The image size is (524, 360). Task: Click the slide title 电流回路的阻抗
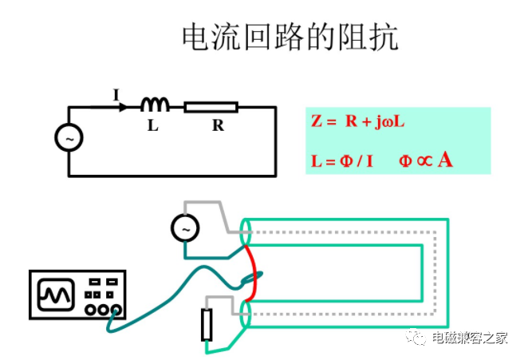point(290,37)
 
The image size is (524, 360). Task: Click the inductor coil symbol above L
point(155,104)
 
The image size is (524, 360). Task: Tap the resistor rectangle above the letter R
point(211,107)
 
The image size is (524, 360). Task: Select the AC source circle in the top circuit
point(69,137)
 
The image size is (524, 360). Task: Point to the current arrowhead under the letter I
point(124,108)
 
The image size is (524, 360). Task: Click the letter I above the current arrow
point(116,95)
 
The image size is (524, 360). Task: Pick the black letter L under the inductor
point(152,125)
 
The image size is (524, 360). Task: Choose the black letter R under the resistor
point(218,125)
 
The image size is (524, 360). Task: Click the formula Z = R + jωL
point(357,121)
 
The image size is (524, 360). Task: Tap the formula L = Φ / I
point(341,161)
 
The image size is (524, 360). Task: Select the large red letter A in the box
point(445,160)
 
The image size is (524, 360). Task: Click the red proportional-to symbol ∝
point(424,161)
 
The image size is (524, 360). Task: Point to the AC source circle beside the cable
point(185,228)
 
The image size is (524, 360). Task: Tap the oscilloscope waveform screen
point(56,295)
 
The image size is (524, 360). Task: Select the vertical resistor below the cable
point(207,325)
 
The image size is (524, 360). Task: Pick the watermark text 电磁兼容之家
point(469,338)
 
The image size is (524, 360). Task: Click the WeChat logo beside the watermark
point(416,337)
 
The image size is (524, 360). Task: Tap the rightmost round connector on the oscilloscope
point(116,310)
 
